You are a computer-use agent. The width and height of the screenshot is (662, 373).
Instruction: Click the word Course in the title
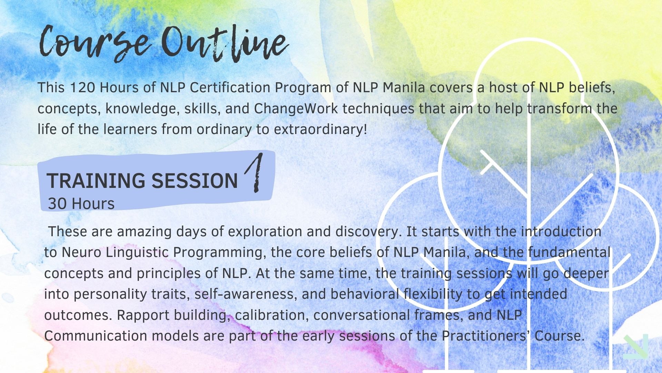pyautogui.click(x=95, y=43)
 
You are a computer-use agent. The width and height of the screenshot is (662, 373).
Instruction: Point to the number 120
pyautogui.click(x=82, y=88)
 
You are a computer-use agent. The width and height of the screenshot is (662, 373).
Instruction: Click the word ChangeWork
pyautogui.click(x=296, y=109)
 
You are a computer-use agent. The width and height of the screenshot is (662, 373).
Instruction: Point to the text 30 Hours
pyautogui.click(x=81, y=204)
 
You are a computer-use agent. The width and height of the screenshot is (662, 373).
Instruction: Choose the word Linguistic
pyautogui.click(x=137, y=252)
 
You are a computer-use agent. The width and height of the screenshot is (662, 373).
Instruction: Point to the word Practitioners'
pyautogui.click(x=486, y=336)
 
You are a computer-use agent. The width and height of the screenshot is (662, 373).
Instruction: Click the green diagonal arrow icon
pyautogui.click(x=636, y=346)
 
